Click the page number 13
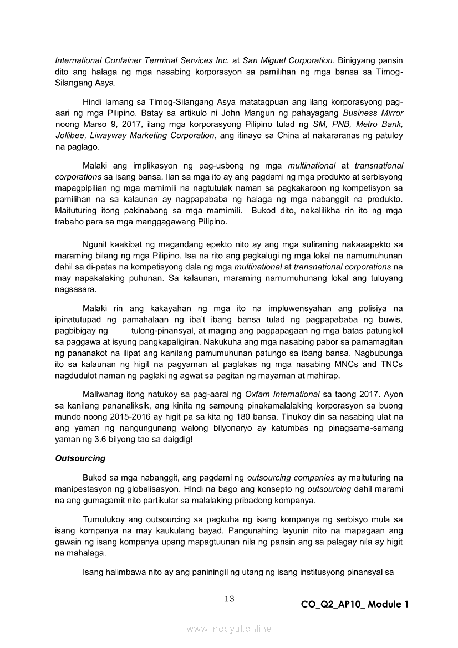230,598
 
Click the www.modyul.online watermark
229,629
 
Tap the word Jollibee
72,135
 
